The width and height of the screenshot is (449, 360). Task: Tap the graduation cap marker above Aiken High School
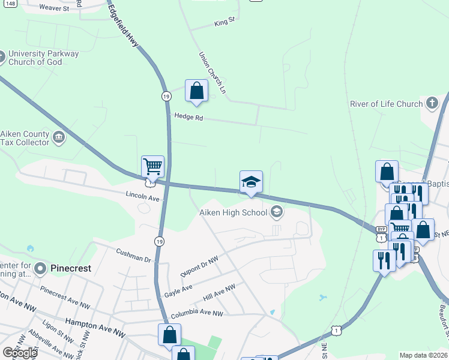point(252,182)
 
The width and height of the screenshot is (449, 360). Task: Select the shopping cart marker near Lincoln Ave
point(152,167)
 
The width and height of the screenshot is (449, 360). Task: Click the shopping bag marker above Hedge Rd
point(196,91)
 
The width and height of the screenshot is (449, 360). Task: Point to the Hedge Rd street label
point(188,116)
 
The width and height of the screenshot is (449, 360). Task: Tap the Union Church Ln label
point(212,72)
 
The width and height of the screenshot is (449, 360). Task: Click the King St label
point(224,24)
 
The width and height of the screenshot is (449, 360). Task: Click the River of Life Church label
point(387,104)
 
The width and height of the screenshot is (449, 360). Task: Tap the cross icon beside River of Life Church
point(432,103)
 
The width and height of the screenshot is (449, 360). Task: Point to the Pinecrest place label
point(71,268)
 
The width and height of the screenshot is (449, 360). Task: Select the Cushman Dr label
point(133,259)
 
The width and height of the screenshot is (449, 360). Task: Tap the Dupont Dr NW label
point(200,265)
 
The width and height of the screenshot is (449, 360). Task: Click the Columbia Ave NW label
point(197,314)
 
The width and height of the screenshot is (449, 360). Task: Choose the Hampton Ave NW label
point(89,322)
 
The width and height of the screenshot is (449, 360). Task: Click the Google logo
point(20,353)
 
